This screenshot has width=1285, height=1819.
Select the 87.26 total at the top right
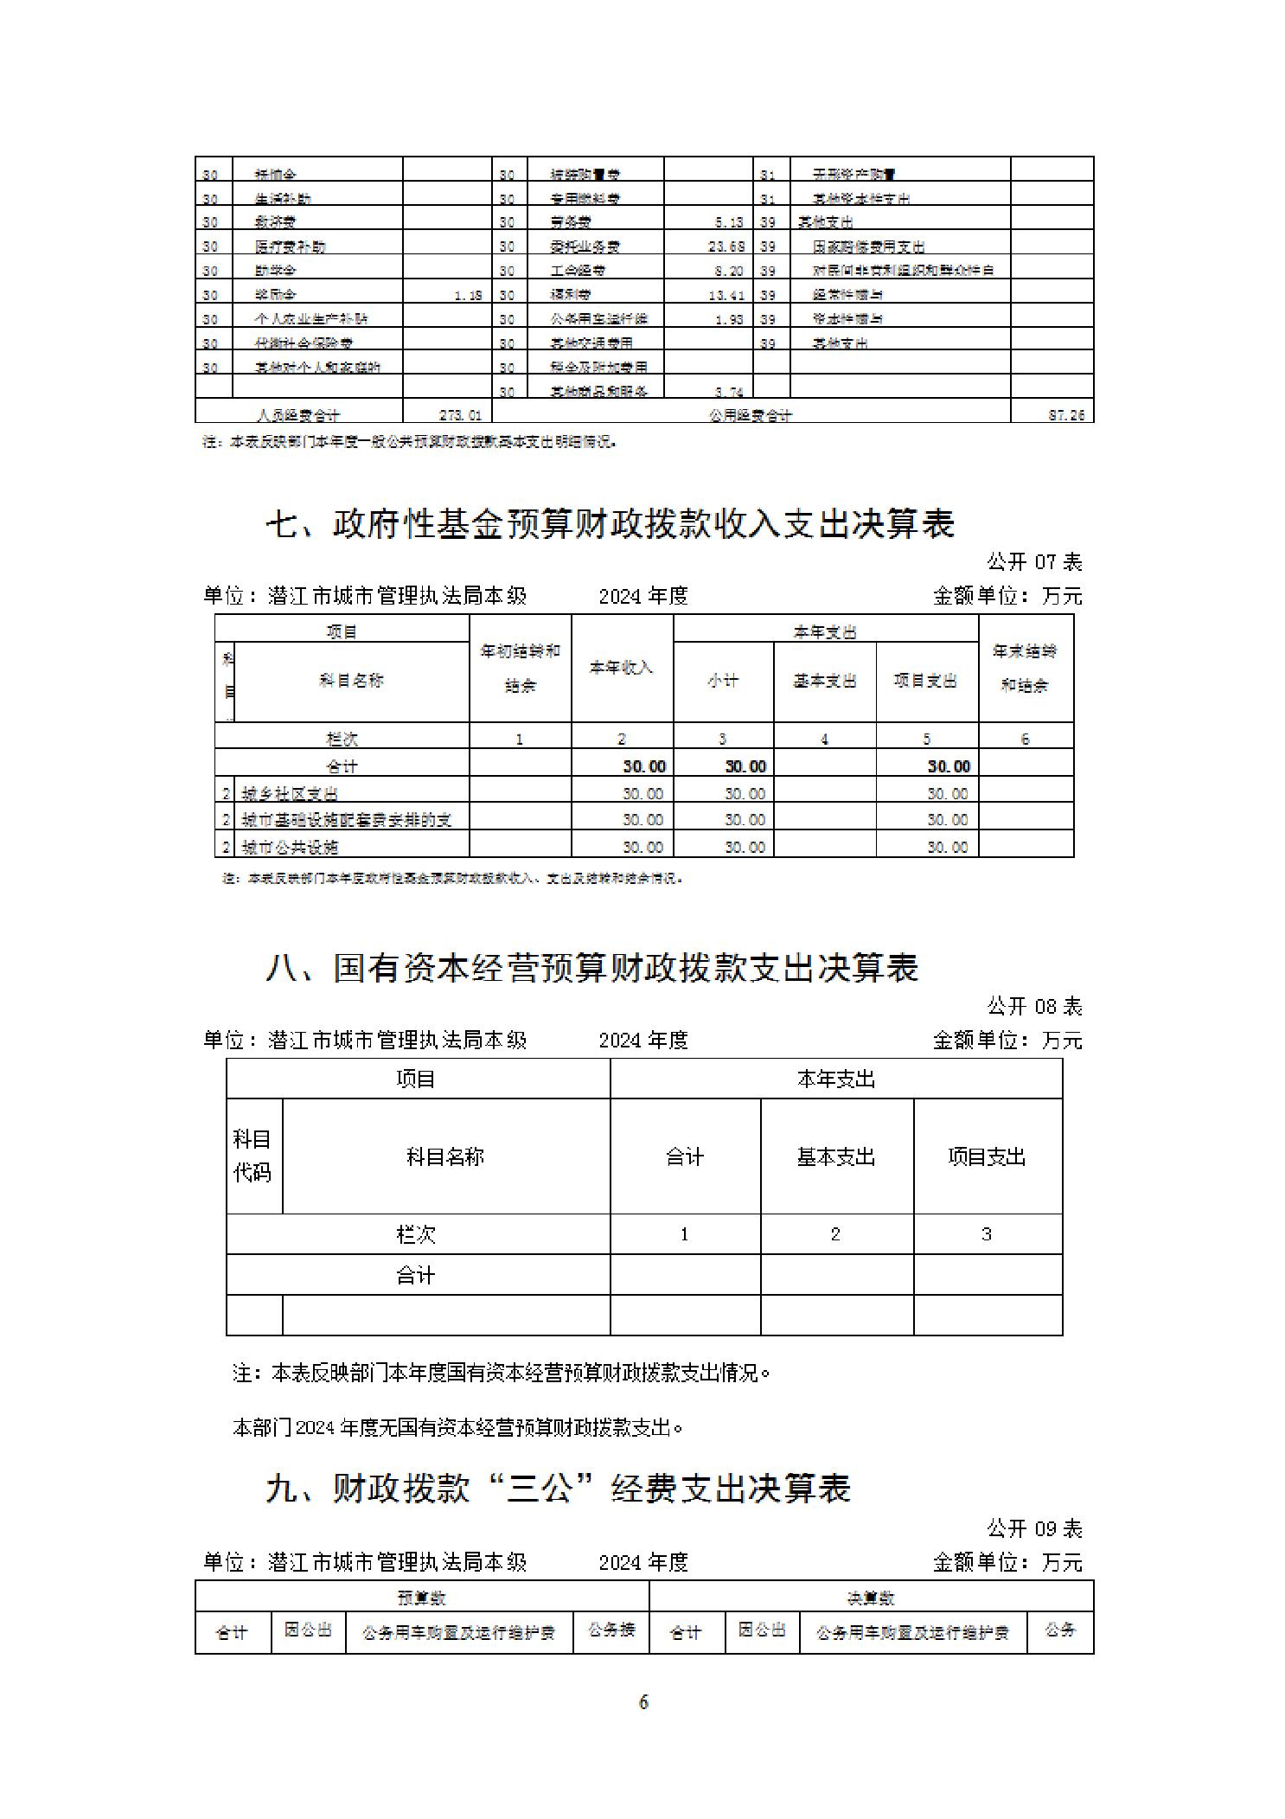pos(1065,415)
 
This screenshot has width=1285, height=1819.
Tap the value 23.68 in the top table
pos(726,247)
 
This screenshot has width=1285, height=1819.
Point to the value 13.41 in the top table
pos(726,295)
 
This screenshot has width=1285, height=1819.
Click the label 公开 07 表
pos(1034,562)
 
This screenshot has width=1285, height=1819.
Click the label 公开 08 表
pos(1034,1006)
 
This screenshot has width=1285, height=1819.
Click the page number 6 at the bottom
pos(643,1702)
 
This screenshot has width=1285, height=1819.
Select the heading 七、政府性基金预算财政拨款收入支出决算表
pos(610,524)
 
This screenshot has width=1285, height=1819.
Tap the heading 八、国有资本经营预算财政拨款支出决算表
pos(591,968)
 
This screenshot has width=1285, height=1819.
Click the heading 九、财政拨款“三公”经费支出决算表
pos(559,1489)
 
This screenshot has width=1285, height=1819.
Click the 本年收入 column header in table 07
pos(621,668)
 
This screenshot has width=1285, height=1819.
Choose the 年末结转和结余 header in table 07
pos(1025,668)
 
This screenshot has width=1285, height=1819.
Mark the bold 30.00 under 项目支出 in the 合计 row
pos(949,766)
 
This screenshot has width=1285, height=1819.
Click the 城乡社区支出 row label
pos(290,793)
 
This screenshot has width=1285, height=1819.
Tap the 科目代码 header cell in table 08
pos(253,1156)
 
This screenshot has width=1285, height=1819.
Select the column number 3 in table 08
pos(987,1234)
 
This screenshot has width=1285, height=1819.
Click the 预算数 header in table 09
pos(421,1598)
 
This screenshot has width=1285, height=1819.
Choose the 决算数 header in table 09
pos(870,1598)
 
